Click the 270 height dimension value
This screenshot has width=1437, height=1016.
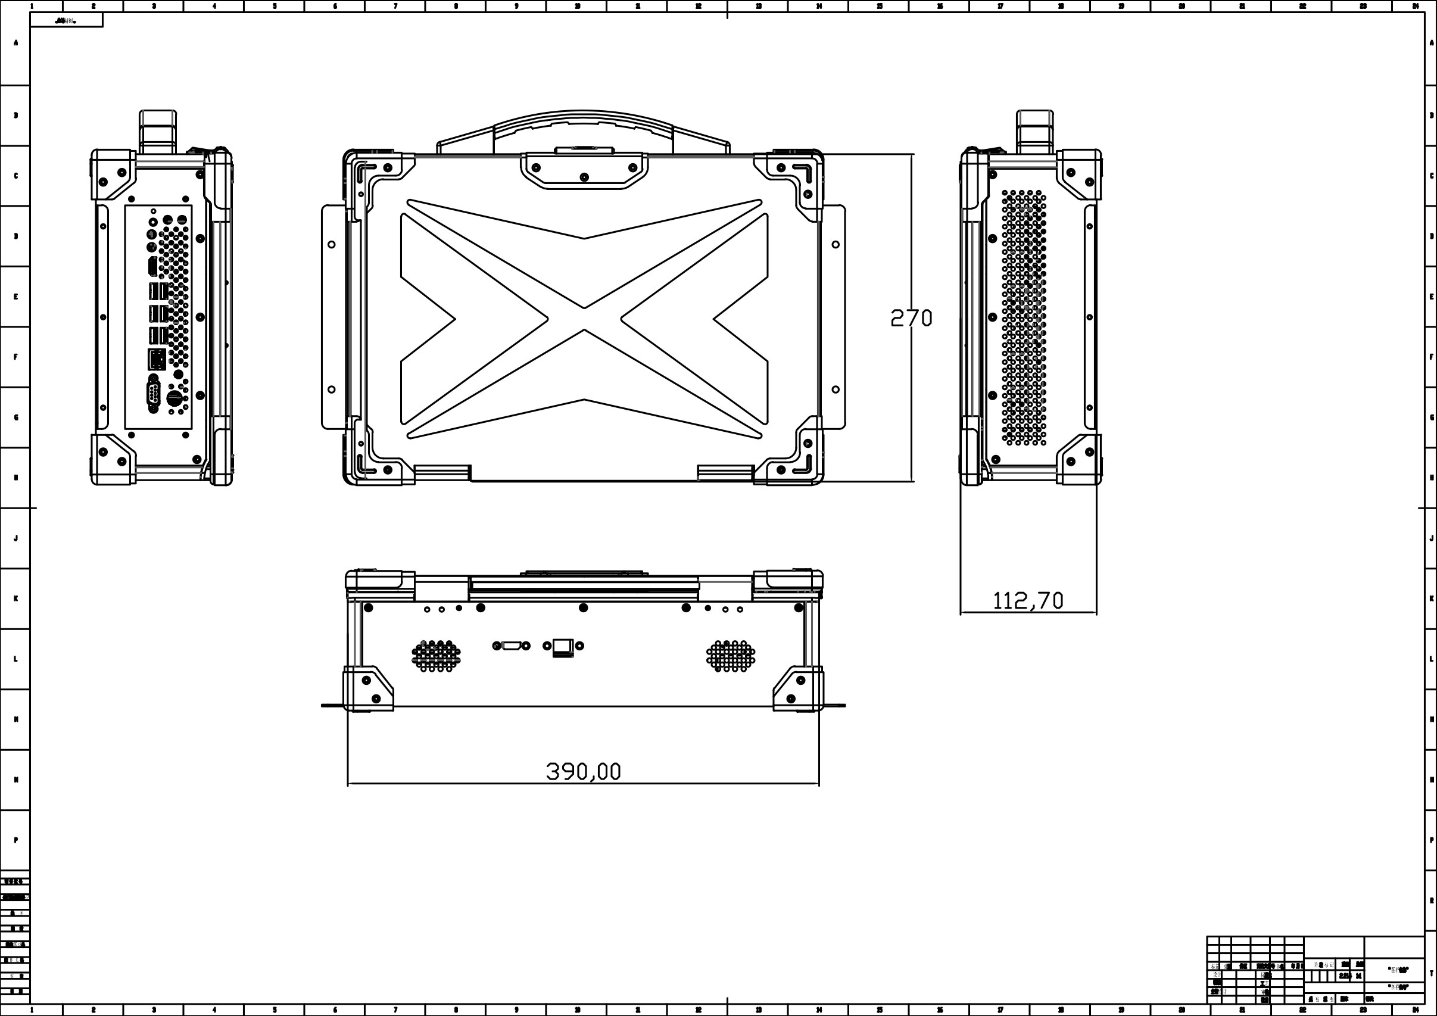click(911, 319)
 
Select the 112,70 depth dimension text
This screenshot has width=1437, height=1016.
click(1028, 601)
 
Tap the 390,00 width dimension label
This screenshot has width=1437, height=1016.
click(583, 771)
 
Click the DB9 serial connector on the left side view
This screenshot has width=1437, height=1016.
click(153, 394)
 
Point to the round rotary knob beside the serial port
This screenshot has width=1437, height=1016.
click(174, 397)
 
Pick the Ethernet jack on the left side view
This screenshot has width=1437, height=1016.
click(157, 360)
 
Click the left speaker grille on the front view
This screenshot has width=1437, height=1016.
click(437, 656)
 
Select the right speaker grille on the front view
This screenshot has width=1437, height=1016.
click(730, 656)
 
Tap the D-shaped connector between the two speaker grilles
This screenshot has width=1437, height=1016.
click(512, 646)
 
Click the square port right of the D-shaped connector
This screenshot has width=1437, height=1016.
click(563, 646)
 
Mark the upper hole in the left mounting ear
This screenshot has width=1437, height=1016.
click(332, 244)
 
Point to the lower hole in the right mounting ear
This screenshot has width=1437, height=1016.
click(836, 389)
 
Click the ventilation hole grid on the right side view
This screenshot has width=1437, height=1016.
click(1023, 318)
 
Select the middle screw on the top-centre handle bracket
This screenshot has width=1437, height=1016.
click(584, 177)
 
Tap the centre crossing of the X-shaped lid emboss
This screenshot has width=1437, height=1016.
click(584, 319)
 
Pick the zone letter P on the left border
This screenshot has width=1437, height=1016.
click(15, 840)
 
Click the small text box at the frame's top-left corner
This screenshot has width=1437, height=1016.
click(66, 21)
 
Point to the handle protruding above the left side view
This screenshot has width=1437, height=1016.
click(158, 131)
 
